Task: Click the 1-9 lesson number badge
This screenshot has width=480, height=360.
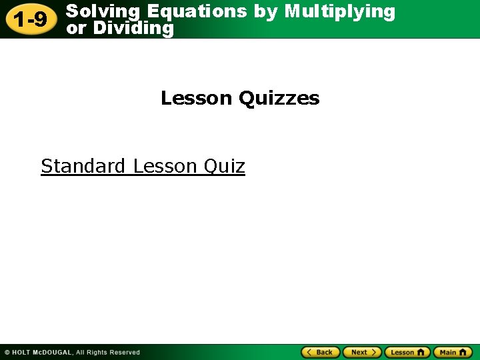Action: point(31,19)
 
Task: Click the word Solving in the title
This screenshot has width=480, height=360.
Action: point(104,11)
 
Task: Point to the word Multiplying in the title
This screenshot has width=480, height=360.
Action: point(339,11)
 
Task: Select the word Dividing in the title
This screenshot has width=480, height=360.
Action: point(133,28)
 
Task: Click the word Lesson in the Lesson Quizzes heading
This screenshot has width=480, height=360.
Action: point(197,99)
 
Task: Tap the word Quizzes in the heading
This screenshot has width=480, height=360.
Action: point(279,99)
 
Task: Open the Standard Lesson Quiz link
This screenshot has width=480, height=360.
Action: point(143,166)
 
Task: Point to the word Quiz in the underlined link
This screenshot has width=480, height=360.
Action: point(225,166)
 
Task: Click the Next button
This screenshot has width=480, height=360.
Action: point(362,352)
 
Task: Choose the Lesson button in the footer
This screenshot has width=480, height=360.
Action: point(407,352)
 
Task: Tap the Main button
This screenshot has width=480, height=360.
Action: point(453,352)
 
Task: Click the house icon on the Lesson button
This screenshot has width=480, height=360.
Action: point(421,352)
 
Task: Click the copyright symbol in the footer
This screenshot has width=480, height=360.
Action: point(7,353)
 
